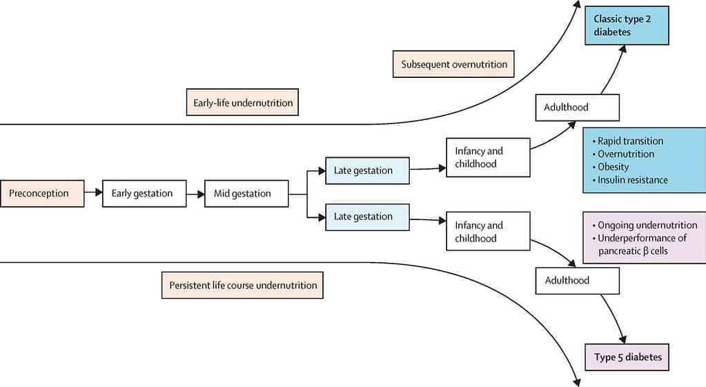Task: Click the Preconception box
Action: click(42, 194)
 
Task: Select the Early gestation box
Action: click(144, 194)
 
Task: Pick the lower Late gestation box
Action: click(367, 217)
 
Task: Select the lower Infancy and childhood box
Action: click(488, 232)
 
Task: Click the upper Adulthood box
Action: click(577, 108)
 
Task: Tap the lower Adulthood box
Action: click(577, 281)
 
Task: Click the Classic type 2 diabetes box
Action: click(627, 26)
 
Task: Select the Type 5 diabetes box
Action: click(627, 357)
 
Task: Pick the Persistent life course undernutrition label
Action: click(242, 285)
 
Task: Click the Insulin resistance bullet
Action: click(632, 180)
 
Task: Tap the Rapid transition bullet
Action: click(630, 141)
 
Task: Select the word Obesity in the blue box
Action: click(614, 167)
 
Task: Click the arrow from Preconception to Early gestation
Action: click(93, 194)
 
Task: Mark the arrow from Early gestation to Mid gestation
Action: click(195, 194)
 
